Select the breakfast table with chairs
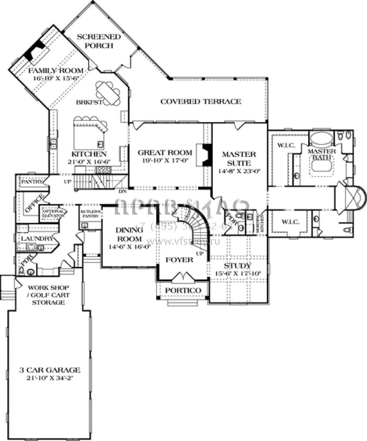pos(108,93)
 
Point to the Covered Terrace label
pos(201,101)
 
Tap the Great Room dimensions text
pos(165,161)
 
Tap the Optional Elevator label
pos(54,214)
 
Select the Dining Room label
pos(129,234)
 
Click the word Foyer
pos(179,260)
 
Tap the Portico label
pos(183,291)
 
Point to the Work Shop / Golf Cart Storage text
pos(48,295)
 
